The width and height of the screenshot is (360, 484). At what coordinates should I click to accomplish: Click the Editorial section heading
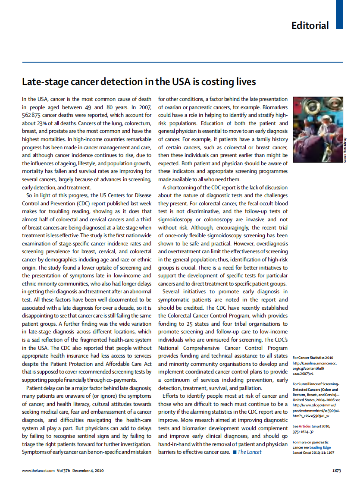click(310, 25)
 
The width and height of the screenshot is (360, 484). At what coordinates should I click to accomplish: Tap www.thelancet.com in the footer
click(38, 470)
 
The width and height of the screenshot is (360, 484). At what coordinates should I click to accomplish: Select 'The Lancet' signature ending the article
click(249, 452)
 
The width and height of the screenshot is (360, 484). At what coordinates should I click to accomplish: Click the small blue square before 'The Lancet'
click(234, 452)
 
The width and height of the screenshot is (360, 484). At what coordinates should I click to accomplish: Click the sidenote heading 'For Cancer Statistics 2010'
click(313, 358)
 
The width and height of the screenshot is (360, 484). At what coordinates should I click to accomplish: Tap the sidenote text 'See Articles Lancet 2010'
click(310, 426)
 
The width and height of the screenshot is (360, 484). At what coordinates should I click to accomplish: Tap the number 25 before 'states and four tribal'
click(190, 324)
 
